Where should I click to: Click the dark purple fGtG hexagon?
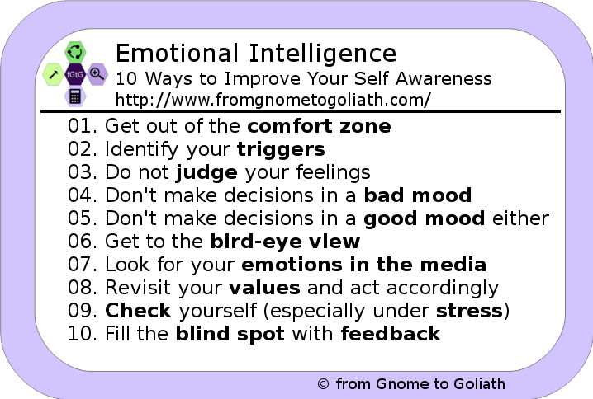(x=75, y=73)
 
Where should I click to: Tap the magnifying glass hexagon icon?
(x=97, y=73)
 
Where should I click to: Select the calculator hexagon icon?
(x=75, y=95)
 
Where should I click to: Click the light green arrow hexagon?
(x=53, y=73)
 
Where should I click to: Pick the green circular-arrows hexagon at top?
(x=75, y=51)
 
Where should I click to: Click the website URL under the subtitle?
(x=273, y=100)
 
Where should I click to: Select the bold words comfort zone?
(x=319, y=127)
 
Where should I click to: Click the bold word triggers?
(x=280, y=150)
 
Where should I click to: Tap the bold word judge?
(x=206, y=173)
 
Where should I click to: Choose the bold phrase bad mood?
(x=417, y=196)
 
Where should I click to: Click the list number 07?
(x=82, y=265)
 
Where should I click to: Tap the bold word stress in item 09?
(x=470, y=312)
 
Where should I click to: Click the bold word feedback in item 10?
(x=390, y=334)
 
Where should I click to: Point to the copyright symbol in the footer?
(x=324, y=384)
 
